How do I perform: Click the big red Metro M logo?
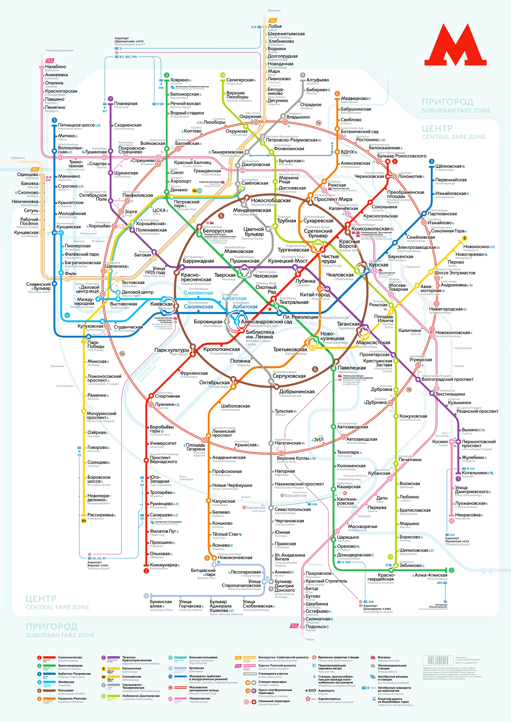455,45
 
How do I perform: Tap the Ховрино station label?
179,80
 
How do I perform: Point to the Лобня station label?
275,26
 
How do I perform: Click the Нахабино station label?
55,67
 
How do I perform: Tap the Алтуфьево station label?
318,80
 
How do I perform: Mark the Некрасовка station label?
468,515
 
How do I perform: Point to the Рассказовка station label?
100,515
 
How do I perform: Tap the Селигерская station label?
239,80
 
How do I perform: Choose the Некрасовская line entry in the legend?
199,699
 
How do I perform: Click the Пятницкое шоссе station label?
76,125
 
